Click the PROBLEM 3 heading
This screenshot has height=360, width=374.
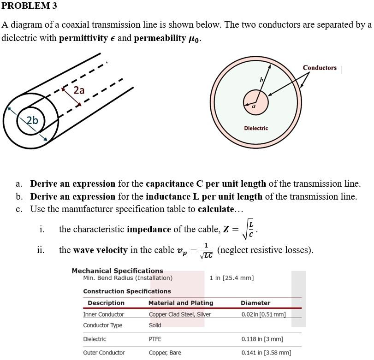pyautogui.click(x=30, y=6)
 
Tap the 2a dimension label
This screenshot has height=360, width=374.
pyautogui.click(x=79, y=90)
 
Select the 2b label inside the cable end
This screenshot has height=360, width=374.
pyautogui.click(x=32, y=121)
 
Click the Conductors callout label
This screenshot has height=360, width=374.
pyautogui.click(x=320, y=68)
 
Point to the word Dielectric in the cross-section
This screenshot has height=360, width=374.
pyautogui.click(x=255, y=128)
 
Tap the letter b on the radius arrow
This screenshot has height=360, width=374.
pyautogui.click(x=261, y=80)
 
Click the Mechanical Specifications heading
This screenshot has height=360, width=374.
pyautogui.click(x=117, y=271)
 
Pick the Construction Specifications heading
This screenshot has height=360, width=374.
pyautogui.click(x=127, y=291)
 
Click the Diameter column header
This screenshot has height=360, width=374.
pyautogui.click(x=255, y=303)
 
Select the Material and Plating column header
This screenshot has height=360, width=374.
pyautogui.click(x=181, y=303)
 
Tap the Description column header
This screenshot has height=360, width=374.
pyautogui.click(x=106, y=303)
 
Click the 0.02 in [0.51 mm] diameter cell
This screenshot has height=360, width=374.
pyautogui.click(x=263, y=314)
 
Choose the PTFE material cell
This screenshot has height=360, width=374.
pyautogui.click(x=155, y=339)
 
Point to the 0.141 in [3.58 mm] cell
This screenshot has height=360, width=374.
pyautogui.click(x=266, y=353)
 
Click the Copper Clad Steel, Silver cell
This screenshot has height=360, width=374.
pyautogui.click(x=180, y=314)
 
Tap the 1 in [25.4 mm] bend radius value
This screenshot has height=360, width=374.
pyautogui.click(x=232, y=278)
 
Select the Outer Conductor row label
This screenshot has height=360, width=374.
pyautogui.click(x=104, y=353)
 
